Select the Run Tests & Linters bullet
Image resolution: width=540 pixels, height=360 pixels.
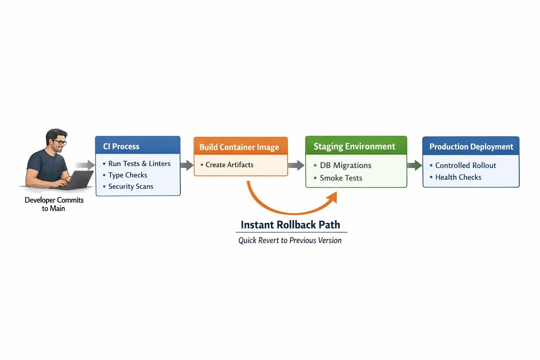[139, 163]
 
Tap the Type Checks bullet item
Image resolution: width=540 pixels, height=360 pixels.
[128, 175]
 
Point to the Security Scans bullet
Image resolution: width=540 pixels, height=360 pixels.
[130, 186]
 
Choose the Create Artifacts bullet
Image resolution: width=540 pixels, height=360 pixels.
[229, 165]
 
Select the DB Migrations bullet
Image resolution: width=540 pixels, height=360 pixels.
[345, 165]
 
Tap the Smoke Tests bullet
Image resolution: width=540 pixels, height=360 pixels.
[341, 178]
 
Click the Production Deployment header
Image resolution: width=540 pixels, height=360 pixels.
[471, 147]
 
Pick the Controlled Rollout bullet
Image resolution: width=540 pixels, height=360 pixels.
[465, 165]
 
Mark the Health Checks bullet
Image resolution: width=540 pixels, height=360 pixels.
[458, 177]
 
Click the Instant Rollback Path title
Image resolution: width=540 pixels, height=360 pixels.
[290, 225]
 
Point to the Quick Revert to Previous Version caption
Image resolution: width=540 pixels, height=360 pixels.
[290, 240]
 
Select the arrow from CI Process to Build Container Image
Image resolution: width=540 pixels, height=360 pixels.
[187, 165]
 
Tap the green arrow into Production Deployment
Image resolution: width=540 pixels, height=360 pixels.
[414, 165]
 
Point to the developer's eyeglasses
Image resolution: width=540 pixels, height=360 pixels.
[60, 142]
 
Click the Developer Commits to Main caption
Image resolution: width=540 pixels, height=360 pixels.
[54, 204]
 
